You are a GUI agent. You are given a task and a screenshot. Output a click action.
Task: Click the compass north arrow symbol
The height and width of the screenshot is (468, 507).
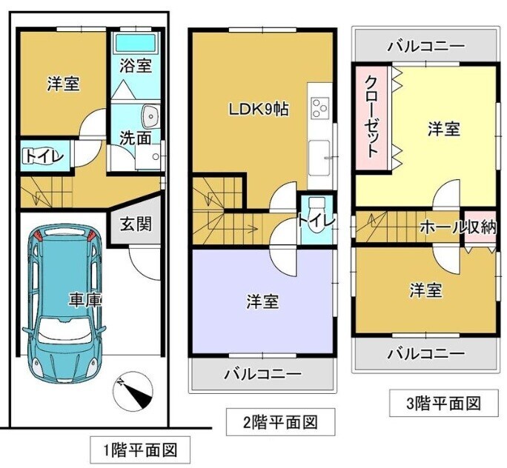(133, 393)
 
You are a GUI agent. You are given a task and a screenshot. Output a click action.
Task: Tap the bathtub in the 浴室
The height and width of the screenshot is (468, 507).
(136, 43)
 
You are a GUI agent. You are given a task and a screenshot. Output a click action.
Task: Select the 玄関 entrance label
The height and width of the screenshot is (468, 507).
(136, 224)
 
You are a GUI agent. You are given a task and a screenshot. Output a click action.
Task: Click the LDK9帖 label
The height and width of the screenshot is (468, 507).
(259, 110)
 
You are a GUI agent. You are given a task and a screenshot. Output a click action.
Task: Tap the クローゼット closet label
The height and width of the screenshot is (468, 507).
(372, 117)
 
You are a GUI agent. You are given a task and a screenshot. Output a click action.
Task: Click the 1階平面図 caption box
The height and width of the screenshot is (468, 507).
(139, 450)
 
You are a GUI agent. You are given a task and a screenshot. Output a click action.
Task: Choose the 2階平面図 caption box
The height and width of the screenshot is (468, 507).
(280, 422)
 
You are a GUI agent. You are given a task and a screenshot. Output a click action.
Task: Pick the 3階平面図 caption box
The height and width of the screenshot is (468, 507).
(443, 403)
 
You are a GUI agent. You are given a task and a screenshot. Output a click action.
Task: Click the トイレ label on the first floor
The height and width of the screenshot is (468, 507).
(43, 157)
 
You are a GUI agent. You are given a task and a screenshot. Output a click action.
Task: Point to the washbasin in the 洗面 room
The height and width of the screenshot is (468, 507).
(150, 116)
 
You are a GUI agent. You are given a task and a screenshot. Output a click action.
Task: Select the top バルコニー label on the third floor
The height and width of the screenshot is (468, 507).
(426, 47)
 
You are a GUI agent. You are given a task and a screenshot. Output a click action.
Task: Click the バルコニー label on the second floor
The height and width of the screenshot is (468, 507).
(263, 375)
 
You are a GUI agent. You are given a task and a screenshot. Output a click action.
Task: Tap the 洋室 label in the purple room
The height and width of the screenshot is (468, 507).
(262, 301)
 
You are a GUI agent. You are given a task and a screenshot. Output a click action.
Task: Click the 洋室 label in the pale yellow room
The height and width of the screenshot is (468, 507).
(444, 129)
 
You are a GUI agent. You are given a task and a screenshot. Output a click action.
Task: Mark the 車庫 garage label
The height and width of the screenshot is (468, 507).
(85, 301)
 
